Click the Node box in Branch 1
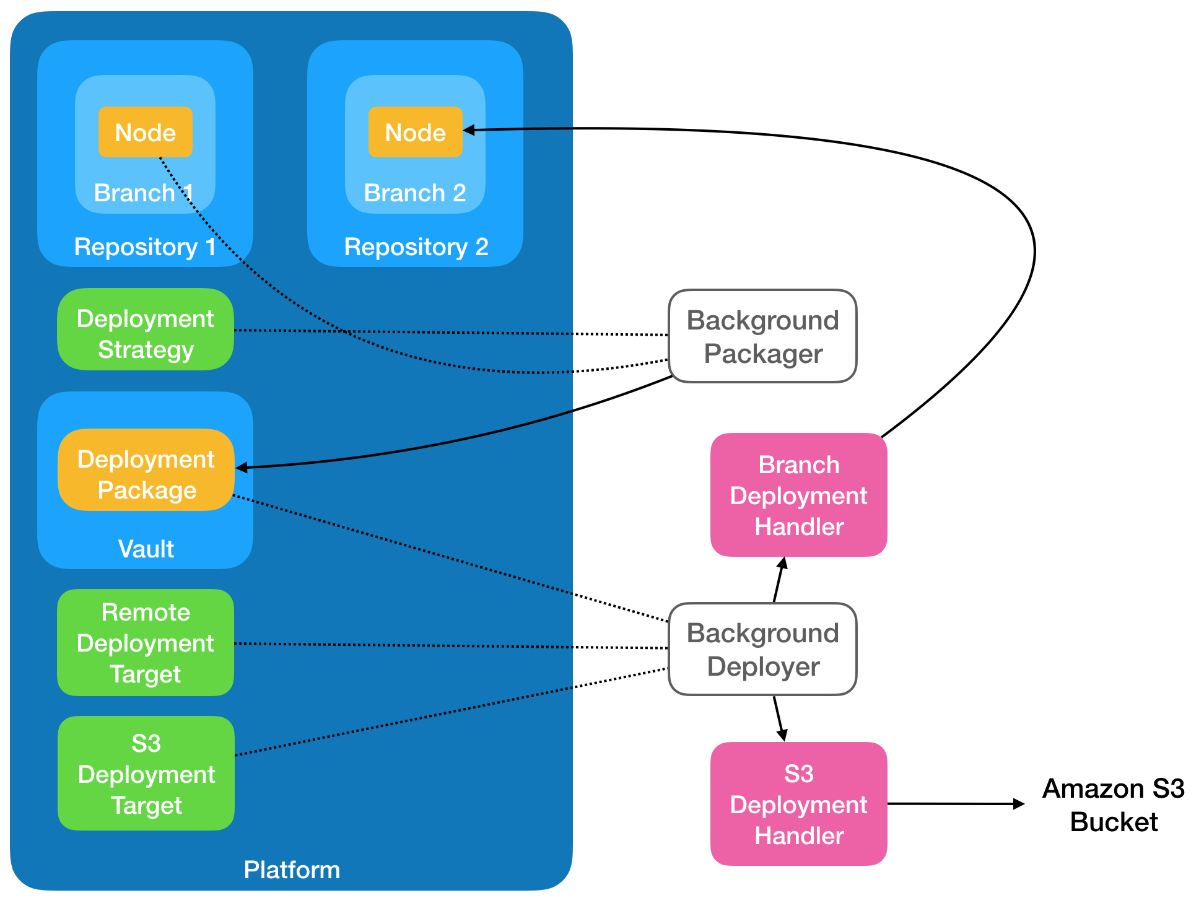pyautogui.click(x=146, y=132)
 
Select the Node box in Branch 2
pyautogui.click(x=416, y=132)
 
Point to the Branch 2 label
pyautogui.click(x=415, y=193)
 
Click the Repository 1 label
pyautogui.click(x=145, y=247)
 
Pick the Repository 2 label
pyautogui.click(x=416, y=247)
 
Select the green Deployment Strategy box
pyautogui.click(x=146, y=329)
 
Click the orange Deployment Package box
pyautogui.click(x=146, y=470)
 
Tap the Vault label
pyautogui.click(x=146, y=549)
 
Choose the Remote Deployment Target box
pyautogui.click(x=146, y=643)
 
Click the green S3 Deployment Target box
pyautogui.click(x=146, y=774)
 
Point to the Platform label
pyautogui.click(x=292, y=870)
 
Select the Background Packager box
pyautogui.click(x=762, y=336)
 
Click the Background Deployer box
pyautogui.click(x=762, y=649)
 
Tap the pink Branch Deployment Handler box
pyautogui.click(x=798, y=495)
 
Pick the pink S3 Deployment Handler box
pyautogui.click(x=798, y=804)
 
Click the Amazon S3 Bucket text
pyautogui.click(x=1113, y=805)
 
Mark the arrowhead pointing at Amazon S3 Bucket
pyautogui.click(x=1019, y=804)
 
